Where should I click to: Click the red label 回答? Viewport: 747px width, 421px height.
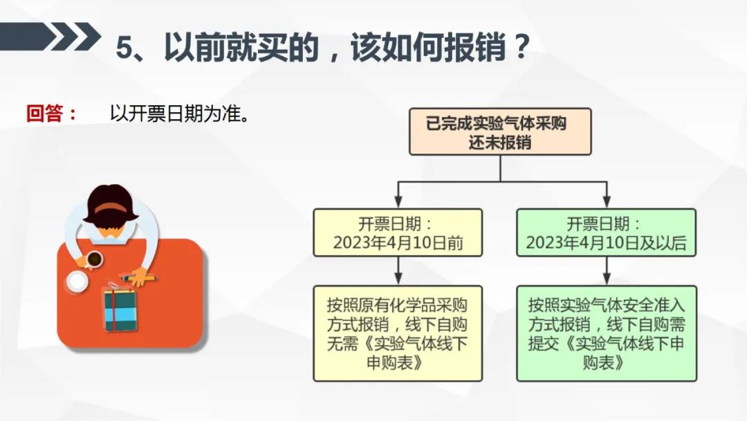click(x=44, y=114)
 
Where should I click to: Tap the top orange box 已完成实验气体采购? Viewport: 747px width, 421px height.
click(x=500, y=132)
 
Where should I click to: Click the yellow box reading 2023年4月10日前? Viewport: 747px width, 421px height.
click(x=398, y=233)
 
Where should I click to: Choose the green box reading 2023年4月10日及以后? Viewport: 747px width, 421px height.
click(x=607, y=233)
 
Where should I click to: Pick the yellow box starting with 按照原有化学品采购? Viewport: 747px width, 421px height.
click(x=398, y=333)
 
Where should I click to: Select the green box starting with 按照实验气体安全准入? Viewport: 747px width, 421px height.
click(x=607, y=333)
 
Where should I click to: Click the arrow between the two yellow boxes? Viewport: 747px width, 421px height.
click(x=398, y=271)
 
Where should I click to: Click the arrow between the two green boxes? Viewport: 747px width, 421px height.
click(x=607, y=271)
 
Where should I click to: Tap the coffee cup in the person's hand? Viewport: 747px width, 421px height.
click(x=94, y=260)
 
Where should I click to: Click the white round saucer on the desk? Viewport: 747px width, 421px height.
click(x=77, y=281)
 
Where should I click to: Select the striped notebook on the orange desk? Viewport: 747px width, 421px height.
click(x=120, y=310)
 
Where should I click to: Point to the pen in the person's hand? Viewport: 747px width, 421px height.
click(x=138, y=278)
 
